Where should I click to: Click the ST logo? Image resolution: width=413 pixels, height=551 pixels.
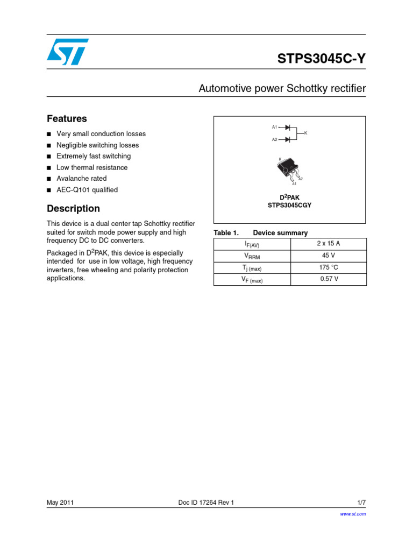click(x=68, y=52)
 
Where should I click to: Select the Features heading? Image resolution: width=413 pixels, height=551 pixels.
click(x=67, y=118)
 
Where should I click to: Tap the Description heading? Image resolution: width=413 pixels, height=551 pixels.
click(x=73, y=208)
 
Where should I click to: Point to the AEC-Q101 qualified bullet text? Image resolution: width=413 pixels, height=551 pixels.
click(x=87, y=190)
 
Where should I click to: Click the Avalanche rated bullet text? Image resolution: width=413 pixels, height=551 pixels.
click(x=82, y=179)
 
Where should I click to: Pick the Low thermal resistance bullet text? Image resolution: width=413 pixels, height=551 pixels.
click(x=92, y=167)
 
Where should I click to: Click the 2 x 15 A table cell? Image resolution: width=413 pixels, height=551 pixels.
click(x=329, y=244)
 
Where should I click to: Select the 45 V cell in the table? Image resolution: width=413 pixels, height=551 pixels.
click(x=329, y=256)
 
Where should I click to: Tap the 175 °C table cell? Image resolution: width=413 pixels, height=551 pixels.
click(x=329, y=267)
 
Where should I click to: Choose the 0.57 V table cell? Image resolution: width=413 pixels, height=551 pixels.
click(x=329, y=279)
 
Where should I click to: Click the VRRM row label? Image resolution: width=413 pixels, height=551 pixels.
click(x=252, y=256)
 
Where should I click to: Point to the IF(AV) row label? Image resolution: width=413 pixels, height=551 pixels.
click(x=252, y=244)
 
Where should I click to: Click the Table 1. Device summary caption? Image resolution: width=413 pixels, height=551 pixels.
click(x=261, y=233)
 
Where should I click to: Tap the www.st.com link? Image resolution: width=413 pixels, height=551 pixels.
click(x=353, y=514)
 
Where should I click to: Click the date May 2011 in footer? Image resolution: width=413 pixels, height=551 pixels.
click(x=60, y=503)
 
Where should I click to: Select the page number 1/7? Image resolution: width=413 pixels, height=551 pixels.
click(x=361, y=503)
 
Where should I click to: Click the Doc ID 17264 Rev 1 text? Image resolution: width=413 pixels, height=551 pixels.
click(x=206, y=503)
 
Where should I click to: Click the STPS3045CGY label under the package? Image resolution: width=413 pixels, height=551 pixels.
click(x=290, y=205)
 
